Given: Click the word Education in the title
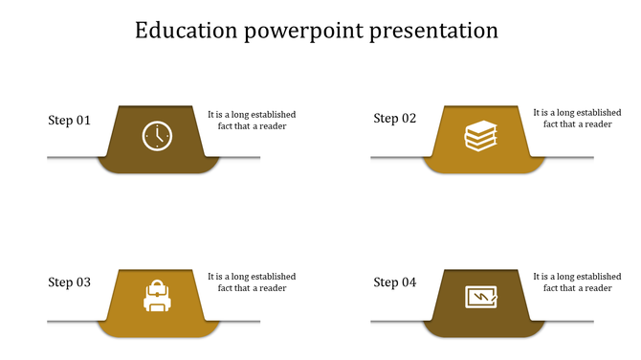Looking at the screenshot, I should [x=187, y=31].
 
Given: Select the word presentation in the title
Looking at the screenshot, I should [x=441, y=32].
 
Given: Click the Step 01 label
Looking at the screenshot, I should [x=70, y=121].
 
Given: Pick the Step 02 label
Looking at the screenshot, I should [x=395, y=119].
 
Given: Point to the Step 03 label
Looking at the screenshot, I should [x=70, y=282].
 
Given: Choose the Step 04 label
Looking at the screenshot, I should [x=395, y=282].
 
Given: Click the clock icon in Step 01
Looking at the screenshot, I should [x=156, y=136].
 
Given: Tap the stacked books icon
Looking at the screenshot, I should [x=481, y=136].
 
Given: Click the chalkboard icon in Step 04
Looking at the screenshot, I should [x=481, y=298].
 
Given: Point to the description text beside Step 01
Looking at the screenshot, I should [x=252, y=120].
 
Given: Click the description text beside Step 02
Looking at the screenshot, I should [x=577, y=118].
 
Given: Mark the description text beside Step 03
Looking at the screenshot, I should [x=252, y=282].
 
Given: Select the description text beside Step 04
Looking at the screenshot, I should [x=577, y=282].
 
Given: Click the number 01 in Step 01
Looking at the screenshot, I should [x=83, y=121].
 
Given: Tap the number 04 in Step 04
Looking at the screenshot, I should [x=409, y=282].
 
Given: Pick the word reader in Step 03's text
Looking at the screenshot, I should [x=272, y=288].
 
